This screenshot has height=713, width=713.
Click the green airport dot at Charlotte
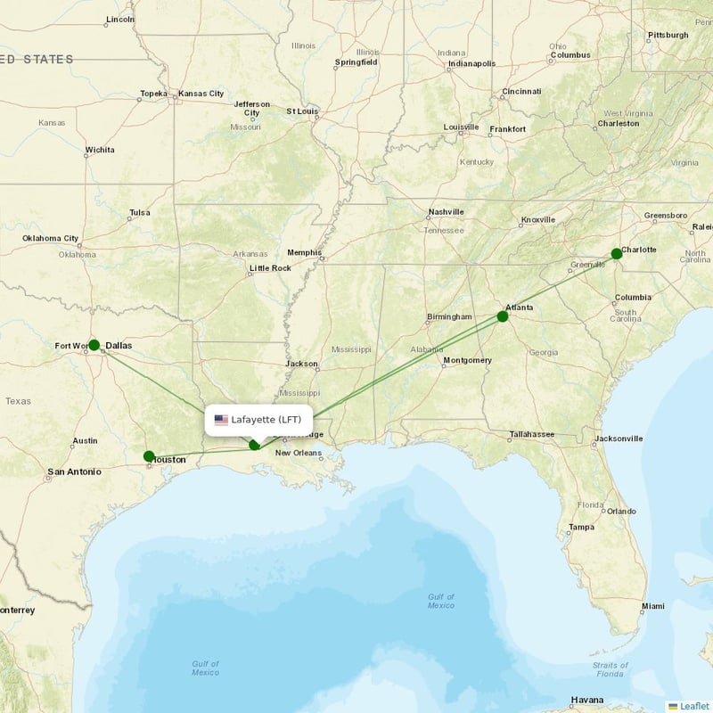click(616, 254)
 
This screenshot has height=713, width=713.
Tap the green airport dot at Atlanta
click(503, 316)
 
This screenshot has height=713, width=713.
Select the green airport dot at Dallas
click(94, 344)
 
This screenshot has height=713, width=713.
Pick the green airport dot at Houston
click(149, 456)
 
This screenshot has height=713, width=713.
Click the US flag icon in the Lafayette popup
click(221, 420)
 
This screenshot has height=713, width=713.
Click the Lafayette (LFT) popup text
click(266, 420)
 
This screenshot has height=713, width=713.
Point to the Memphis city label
click(304, 252)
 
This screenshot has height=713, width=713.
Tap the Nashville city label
click(446, 212)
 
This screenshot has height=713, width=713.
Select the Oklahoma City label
click(51, 239)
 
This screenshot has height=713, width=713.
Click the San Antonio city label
click(74, 471)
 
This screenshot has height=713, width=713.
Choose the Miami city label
click(652, 606)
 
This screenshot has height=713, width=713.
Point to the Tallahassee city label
click(531, 435)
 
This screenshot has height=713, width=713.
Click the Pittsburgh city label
click(668, 35)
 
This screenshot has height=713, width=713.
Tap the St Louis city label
click(302, 111)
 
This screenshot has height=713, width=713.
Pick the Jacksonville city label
click(618, 438)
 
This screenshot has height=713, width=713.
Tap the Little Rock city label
click(270, 268)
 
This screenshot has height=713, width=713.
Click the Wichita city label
click(99, 150)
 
